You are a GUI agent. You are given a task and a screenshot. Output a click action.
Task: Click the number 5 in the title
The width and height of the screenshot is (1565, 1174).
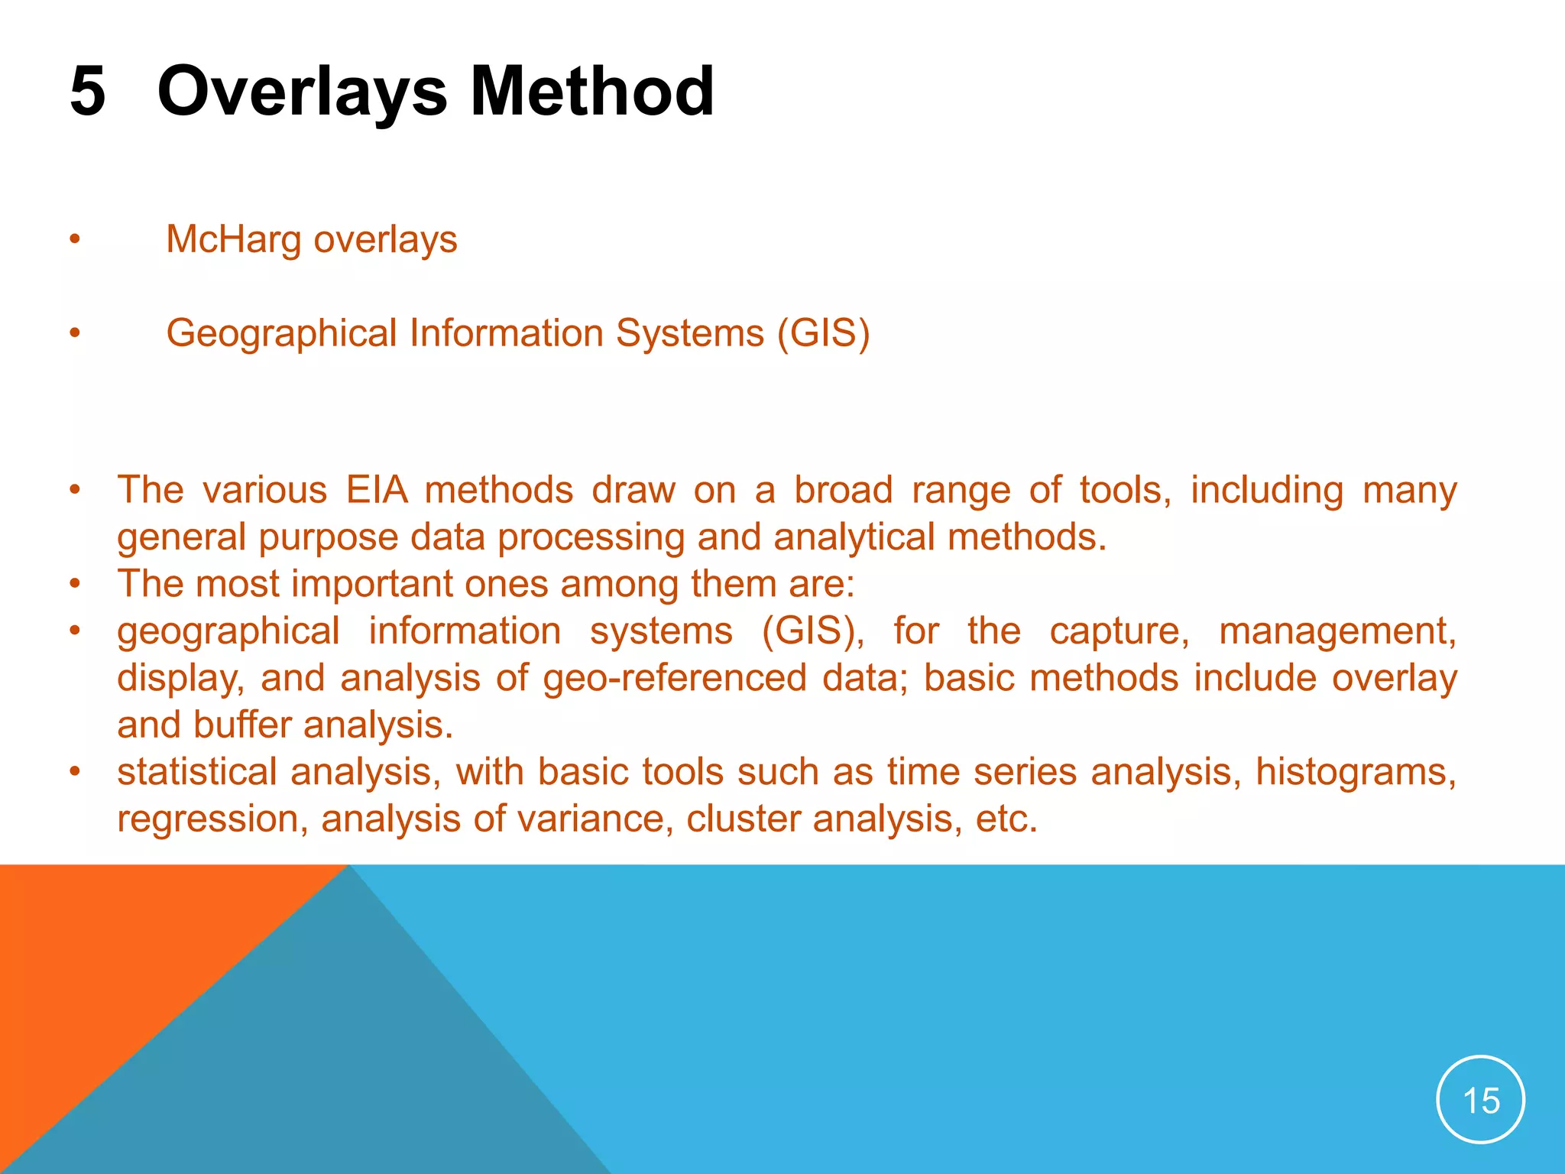(x=87, y=91)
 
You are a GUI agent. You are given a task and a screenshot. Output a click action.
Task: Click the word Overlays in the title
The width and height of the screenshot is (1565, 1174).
(x=301, y=91)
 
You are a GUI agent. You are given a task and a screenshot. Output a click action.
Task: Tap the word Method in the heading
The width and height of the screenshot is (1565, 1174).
(x=591, y=91)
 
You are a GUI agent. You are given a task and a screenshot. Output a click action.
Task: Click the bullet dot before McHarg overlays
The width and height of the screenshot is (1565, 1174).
(x=74, y=240)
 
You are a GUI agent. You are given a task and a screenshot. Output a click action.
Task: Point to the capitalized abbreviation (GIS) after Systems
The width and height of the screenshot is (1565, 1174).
(x=823, y=333)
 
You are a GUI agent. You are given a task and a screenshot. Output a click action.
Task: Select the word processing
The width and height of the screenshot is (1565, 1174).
(x=591, y=537)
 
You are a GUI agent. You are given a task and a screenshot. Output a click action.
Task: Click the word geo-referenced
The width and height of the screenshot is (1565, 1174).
(x=675, y=679)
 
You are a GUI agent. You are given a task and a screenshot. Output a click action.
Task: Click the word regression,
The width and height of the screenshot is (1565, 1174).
(x=212, y=819)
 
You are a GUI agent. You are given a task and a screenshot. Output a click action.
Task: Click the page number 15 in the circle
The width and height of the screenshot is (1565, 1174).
(x=1480, y=1101)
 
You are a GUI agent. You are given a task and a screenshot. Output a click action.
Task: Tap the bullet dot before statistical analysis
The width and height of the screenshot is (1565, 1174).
(x=74, y=772)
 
